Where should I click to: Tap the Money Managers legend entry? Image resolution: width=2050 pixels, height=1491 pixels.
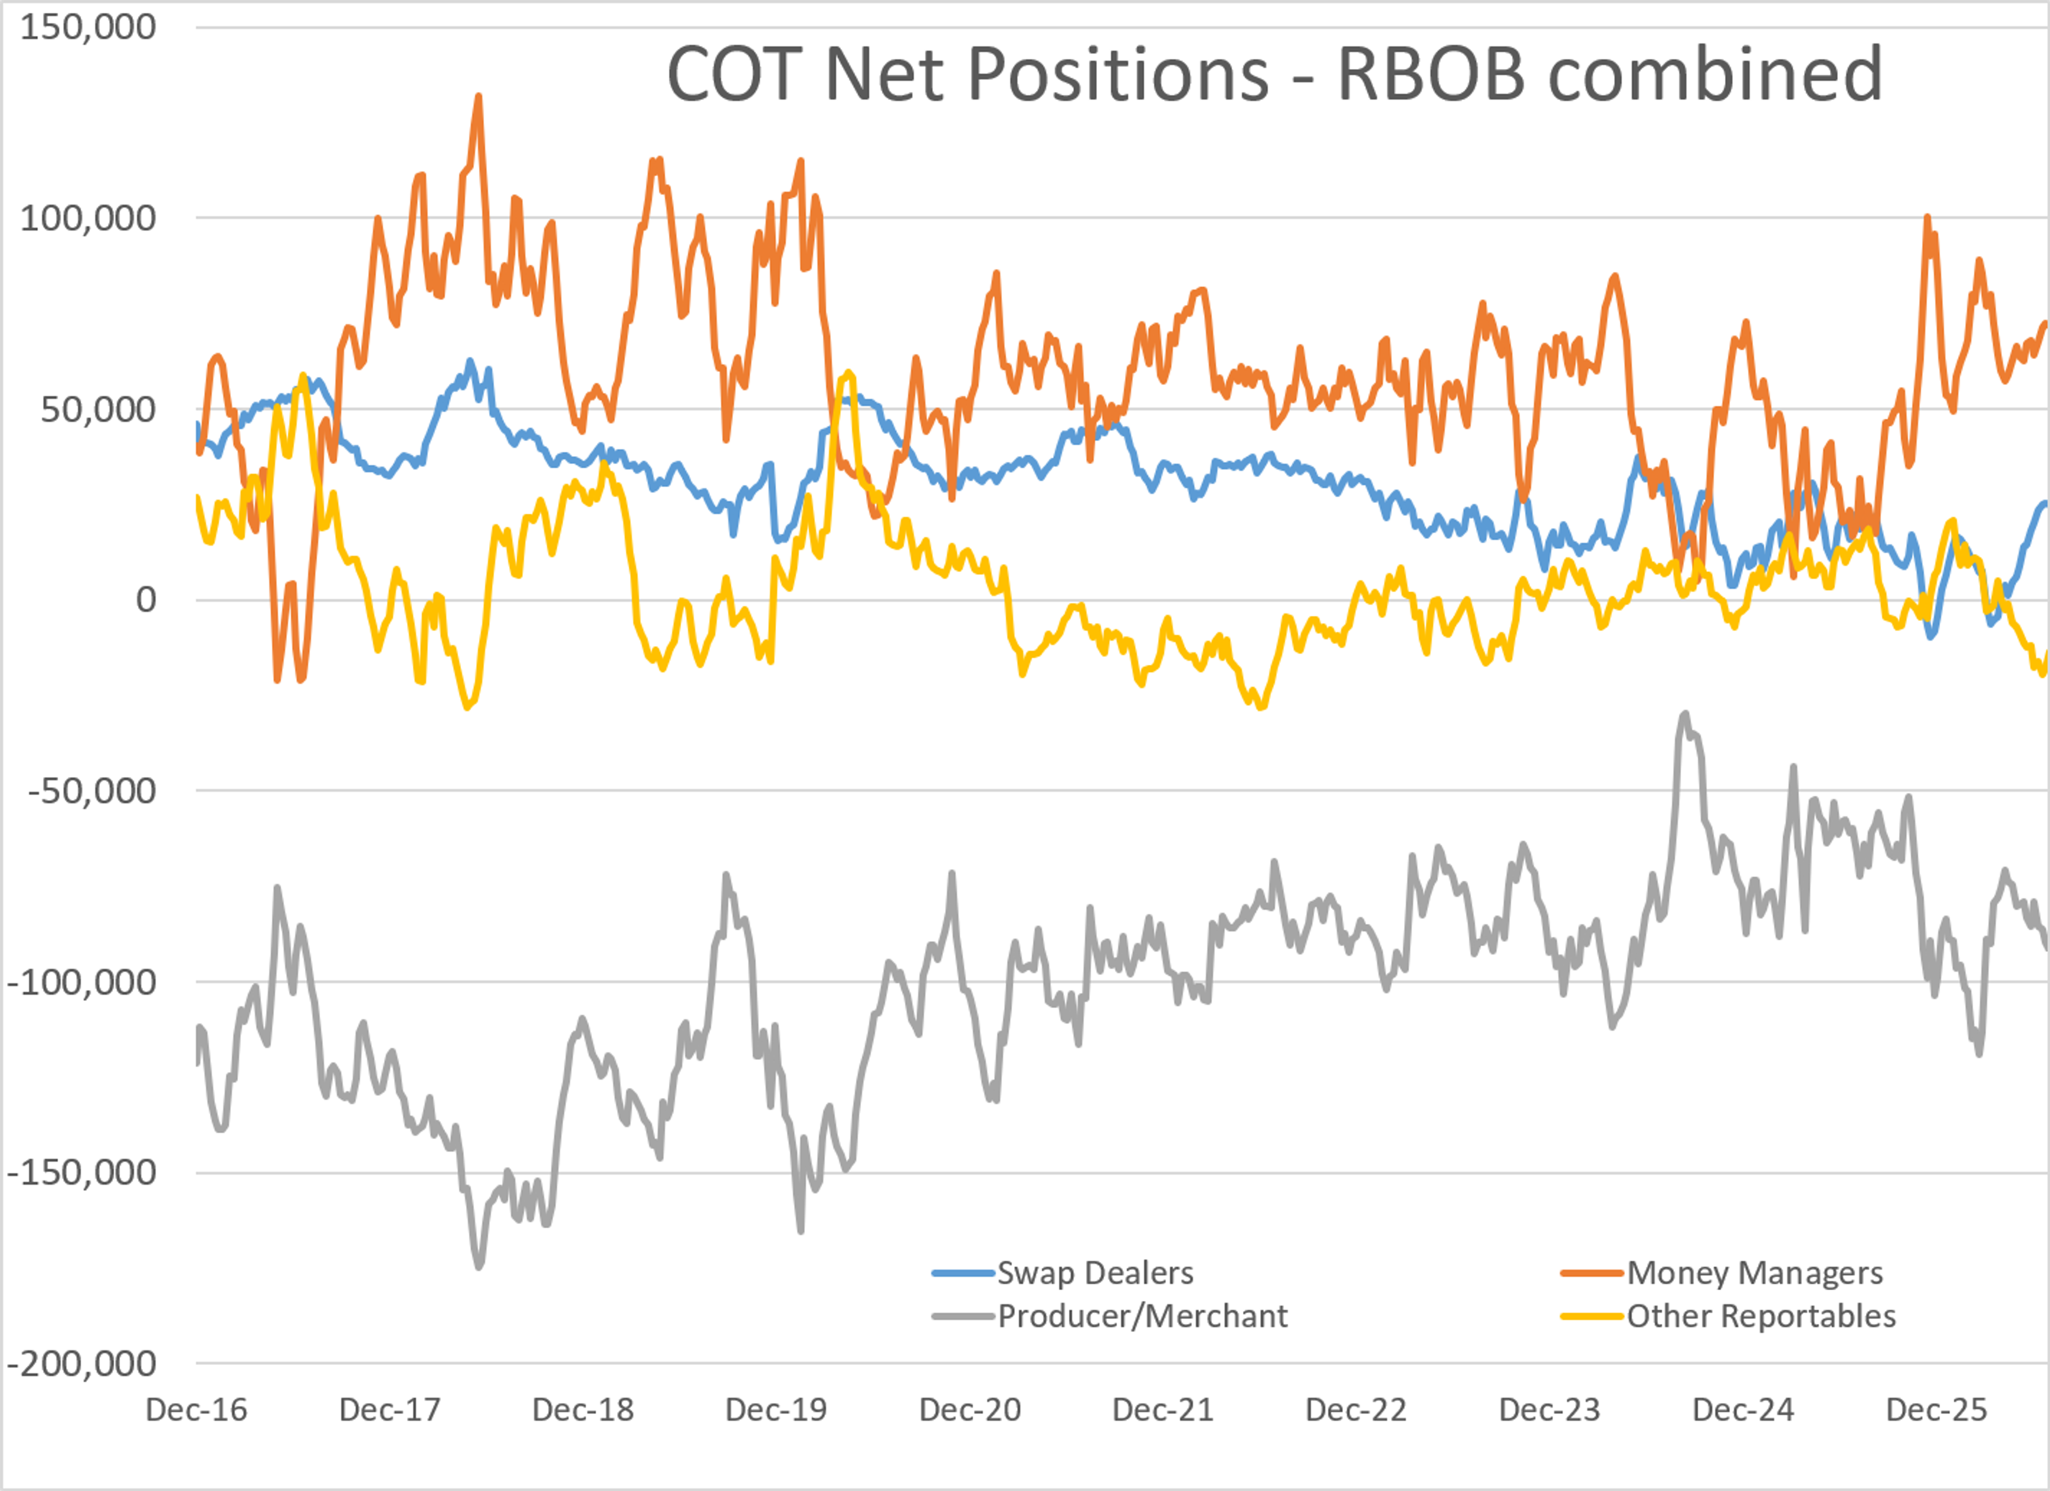(x=1722, y=1273)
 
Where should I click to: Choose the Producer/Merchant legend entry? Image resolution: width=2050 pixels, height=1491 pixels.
(x=1110, y=1316)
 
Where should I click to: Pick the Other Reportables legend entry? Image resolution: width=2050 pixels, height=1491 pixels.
(x=1728, y=1316)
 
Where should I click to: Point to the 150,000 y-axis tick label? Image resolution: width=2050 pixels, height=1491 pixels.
(x=88, y=27)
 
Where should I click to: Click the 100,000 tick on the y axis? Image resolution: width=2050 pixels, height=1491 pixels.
(x=88, y=218)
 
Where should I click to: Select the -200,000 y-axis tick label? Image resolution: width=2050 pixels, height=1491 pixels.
(x=81, y=1363)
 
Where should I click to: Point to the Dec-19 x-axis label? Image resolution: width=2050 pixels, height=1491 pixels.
(x=776, y=1410)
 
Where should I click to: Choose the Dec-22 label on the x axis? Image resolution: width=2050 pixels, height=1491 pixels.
(x=1357, y=1410)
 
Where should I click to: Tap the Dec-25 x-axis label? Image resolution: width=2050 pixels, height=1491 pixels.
(x=1937, y=1410)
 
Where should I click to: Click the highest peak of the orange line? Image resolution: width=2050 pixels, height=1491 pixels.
(x=478, y=96)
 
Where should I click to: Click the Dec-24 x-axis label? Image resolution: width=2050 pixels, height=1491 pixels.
(x=1744, y=1410)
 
